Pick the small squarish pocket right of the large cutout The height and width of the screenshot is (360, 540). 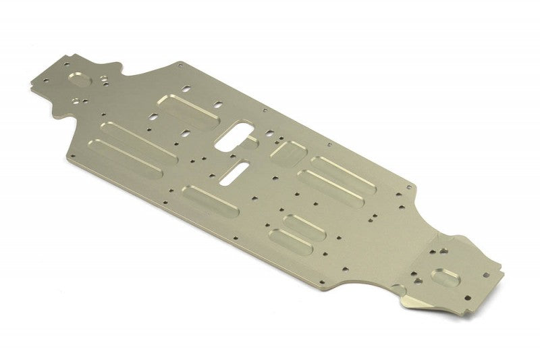289,152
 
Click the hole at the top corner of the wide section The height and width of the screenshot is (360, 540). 181,65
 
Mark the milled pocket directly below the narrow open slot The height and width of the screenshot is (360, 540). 210,201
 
